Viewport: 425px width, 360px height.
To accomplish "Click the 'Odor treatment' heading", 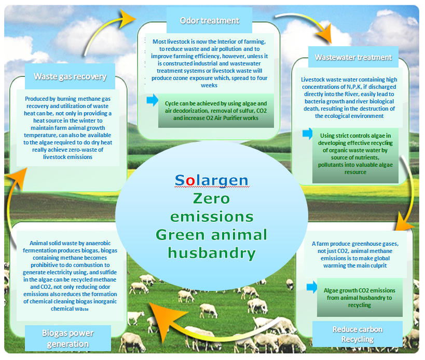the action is click(210, 21).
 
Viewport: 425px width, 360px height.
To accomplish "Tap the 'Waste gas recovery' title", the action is click(70, 77).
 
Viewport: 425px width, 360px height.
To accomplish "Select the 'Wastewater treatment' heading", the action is click(353, 58).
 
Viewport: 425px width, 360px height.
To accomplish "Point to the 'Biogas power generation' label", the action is click(68, 338).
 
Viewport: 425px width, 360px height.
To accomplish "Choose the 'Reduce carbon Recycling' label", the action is click(358, 334).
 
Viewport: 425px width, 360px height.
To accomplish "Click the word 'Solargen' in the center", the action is click(211, 180).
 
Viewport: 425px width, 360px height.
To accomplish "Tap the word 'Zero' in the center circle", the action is click(211, 198).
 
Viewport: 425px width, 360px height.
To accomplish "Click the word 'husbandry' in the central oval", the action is click(212, 254).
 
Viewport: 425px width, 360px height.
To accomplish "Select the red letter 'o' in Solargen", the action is click(190, 181).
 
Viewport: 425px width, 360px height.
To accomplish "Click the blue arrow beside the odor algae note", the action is click(153, 100).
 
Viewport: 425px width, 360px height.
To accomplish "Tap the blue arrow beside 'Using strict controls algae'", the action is click(308, 134).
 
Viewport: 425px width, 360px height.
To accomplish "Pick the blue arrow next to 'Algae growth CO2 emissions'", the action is click(312, 287).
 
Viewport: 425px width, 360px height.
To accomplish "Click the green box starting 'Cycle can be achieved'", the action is click(216, 111).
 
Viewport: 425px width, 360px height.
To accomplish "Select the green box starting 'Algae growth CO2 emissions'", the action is click(360, 297).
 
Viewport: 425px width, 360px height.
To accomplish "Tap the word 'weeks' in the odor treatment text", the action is click(209, 86).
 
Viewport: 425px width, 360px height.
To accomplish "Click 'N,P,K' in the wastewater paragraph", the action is click(354, 87).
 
